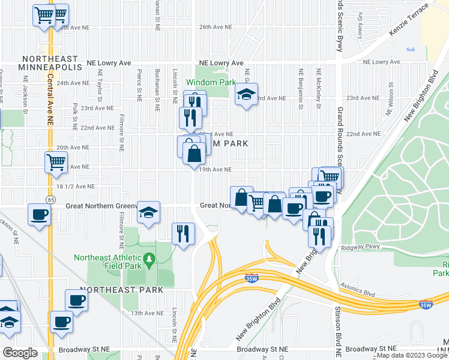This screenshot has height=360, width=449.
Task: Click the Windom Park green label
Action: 210,82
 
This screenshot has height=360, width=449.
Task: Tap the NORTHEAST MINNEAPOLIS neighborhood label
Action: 51,63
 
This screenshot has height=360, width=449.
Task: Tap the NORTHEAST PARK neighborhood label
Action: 122,290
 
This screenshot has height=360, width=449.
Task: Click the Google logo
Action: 20,353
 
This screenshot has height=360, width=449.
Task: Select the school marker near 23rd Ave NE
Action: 246,94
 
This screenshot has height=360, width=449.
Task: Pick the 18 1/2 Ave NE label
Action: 74,187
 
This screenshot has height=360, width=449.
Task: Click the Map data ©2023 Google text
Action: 411,355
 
